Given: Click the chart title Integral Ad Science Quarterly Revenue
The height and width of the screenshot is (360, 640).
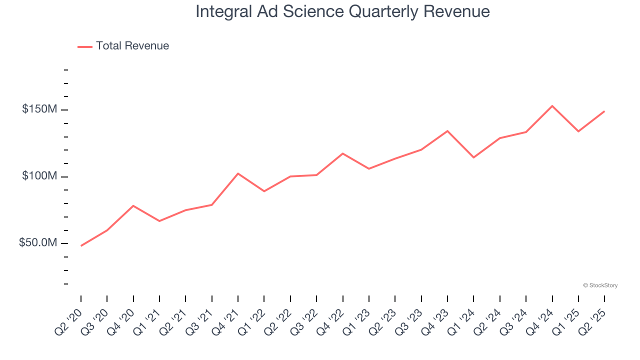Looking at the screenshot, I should pyautogui.click(x=342, y=11).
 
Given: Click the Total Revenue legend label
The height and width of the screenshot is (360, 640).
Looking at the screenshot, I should pyautogui.click(x=132, y=46).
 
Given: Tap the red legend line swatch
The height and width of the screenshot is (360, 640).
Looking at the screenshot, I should pyautogui.click(x=85, y=46).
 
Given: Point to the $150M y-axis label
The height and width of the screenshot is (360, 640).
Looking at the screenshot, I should pyautogui.click(x=39, y=109).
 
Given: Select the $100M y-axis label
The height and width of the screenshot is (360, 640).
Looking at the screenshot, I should pyautogui.click(x=39, y=176).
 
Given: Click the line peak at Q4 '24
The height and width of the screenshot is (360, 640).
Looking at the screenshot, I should pyautogui.click(x=552, y=106).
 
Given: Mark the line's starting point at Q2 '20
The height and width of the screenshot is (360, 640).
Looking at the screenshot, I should pyautogui.click(x=81, y=245).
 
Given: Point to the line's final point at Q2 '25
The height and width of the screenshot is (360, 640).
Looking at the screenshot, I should pyautogui.click(x=604, y=111).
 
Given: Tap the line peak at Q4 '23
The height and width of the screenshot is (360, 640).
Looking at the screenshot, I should pyautogui.click(x=447, y=131).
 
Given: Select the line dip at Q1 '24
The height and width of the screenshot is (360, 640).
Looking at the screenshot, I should pyautogui.click(x=473, y=157).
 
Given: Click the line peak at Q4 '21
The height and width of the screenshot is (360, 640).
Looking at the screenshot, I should pyautogui.click(x=238, y=173).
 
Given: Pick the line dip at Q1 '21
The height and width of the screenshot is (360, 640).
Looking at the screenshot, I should pyautogui.click(x=159, y=221).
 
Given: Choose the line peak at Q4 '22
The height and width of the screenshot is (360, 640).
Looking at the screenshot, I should pyautogui.click(x=342, y=153).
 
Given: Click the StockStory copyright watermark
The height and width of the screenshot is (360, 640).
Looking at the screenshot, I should pyautogui.click(x=600, y=285).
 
